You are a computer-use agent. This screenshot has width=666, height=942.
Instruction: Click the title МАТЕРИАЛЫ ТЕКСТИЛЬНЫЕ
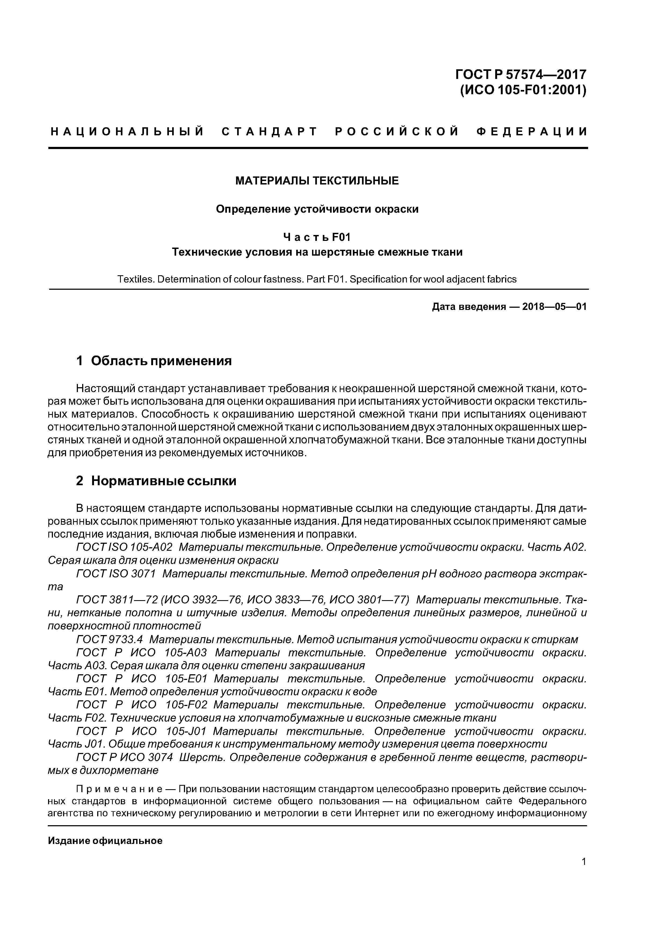point(317,181)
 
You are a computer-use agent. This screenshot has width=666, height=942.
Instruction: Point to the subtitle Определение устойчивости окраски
point(317,209)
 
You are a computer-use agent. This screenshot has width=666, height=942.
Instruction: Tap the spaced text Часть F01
point(317,238)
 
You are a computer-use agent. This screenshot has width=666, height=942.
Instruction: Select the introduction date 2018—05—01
point(554,307)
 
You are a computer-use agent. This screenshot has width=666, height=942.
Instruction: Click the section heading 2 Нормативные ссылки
point(156,481)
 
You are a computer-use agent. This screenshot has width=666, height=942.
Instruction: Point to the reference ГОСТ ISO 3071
point(116,574)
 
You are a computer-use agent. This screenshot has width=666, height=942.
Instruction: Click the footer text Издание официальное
point(105,841)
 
